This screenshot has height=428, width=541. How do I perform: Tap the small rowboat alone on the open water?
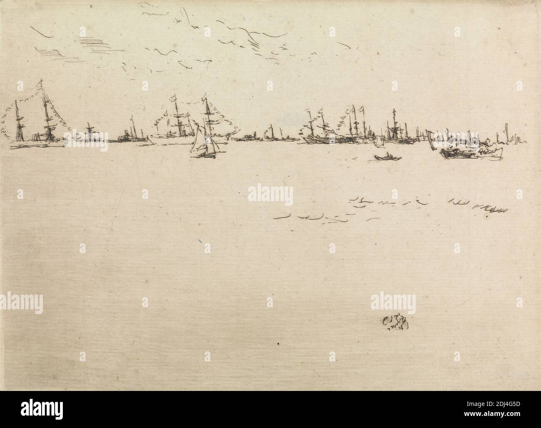point(386,157)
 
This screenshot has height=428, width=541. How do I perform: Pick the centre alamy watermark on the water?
point(270,194)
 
